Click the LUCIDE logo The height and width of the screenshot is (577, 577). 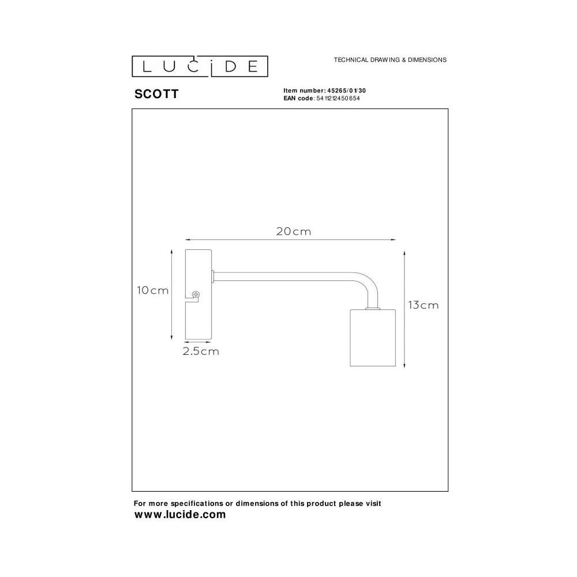(x=200, y=66)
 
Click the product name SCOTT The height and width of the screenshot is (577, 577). (x=156, y=94)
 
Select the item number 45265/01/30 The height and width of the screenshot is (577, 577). (x=347, y=91)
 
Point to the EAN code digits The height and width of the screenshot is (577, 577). (x=338, y=98)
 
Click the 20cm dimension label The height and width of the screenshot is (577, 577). (x=294, y=231)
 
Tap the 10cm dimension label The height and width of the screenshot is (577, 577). (x=153, y=290)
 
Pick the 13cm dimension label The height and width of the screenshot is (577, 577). (x=423, y=305)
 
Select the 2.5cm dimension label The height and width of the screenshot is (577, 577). (x=201, y=351)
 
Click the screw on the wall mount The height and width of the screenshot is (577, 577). (x=196, y=294)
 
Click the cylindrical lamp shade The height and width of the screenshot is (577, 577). (x=373, y=338)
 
